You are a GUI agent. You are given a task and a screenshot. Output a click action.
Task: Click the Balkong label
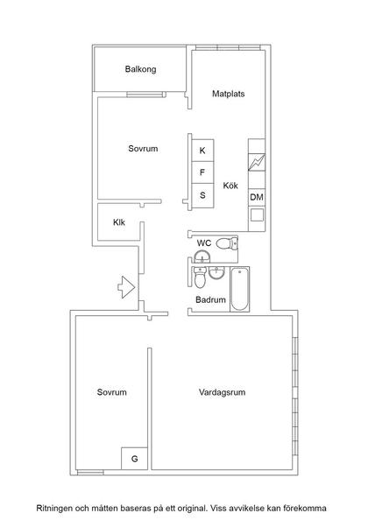pyautogui.click(x=140, y=69)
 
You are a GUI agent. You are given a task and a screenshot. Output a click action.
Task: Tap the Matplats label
pyautogui.click(x=230, y=94)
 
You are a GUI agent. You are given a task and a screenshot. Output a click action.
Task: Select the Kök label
pyautogui.click(x=230, y=186)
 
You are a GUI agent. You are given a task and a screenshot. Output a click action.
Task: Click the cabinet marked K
pyautogui.click(x=202, y=151)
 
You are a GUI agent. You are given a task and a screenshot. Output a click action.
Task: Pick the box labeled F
pyautogui.click(x=202, y=172)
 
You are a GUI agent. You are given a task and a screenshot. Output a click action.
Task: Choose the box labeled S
pyautogui.click(x=202, y=194)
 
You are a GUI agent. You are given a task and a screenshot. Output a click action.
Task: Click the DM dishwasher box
pyautogui.click(x=257, y=198)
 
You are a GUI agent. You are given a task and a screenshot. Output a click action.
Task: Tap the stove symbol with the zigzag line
pyautogui.click(x=257, y=163)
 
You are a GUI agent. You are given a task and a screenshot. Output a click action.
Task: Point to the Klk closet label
pyautogui.click(x=119, y=222)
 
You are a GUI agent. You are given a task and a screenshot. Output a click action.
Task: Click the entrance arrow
pyautogui.click(x=123, y=285)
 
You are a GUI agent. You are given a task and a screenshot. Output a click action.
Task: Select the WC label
pyautogui.click(x=203, y=242)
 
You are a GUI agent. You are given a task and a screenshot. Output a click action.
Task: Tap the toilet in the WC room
pyautogui.click(x=226, y=244)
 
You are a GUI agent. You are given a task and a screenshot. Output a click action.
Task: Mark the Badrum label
pyautogui.click(x=211, y=300)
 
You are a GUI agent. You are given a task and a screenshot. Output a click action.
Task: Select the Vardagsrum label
pyautogui.click(x=222, y=392)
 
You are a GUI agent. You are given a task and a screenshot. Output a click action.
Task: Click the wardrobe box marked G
pyautogui.click(x=134, y=459)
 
